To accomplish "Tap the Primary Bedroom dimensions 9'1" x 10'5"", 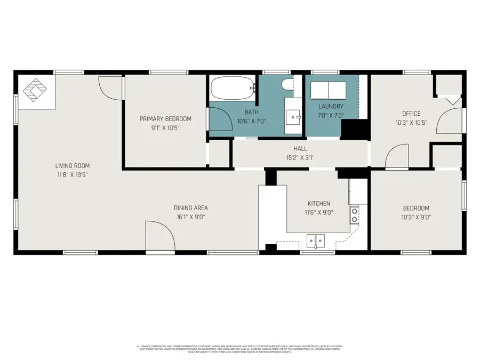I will pyautogui.click(x=165, y=127).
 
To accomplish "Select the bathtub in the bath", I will pyautogui.click(x=232, y=88).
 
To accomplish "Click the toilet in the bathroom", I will pyautogui.click(x=286, y=84).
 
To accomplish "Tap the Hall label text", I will pyautogui.click(x=300, y=149).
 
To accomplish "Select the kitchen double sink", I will pyautogui.click(x=316, y=241).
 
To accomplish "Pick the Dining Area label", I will pyautogui.click(x=190, y=208).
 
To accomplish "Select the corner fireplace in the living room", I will pyautogui.click(x=36, y=91).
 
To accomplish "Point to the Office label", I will pyautogui.click(x=411, y=114).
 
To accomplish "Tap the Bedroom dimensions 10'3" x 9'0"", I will pyautogui.click(x=415, y=217).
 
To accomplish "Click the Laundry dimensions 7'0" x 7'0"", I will pyautogui.click(x=331, y=115).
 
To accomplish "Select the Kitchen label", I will pyautogui.click(x=319, y=204).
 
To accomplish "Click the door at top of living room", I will pyautogui.click(x=111, y=87).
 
